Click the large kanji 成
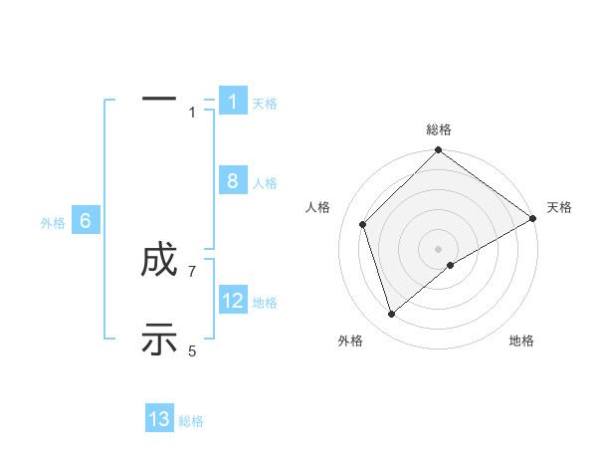point(159,262)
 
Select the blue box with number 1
point(232,101)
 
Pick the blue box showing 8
point(232,181)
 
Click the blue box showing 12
point(233,301)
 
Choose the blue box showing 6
point(86,221)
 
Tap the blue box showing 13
point(159,419)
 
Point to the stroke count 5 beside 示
point(192,351)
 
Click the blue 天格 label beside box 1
point(265,103)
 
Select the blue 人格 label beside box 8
point(265,183)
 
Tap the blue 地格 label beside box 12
point(265,303)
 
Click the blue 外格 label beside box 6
point(53,223)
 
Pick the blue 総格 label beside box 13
point(191,421)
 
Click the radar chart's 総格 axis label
point(439,129)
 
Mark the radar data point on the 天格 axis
point(533,218)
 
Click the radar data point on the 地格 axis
point(451,265)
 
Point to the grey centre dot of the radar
point(439,248)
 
